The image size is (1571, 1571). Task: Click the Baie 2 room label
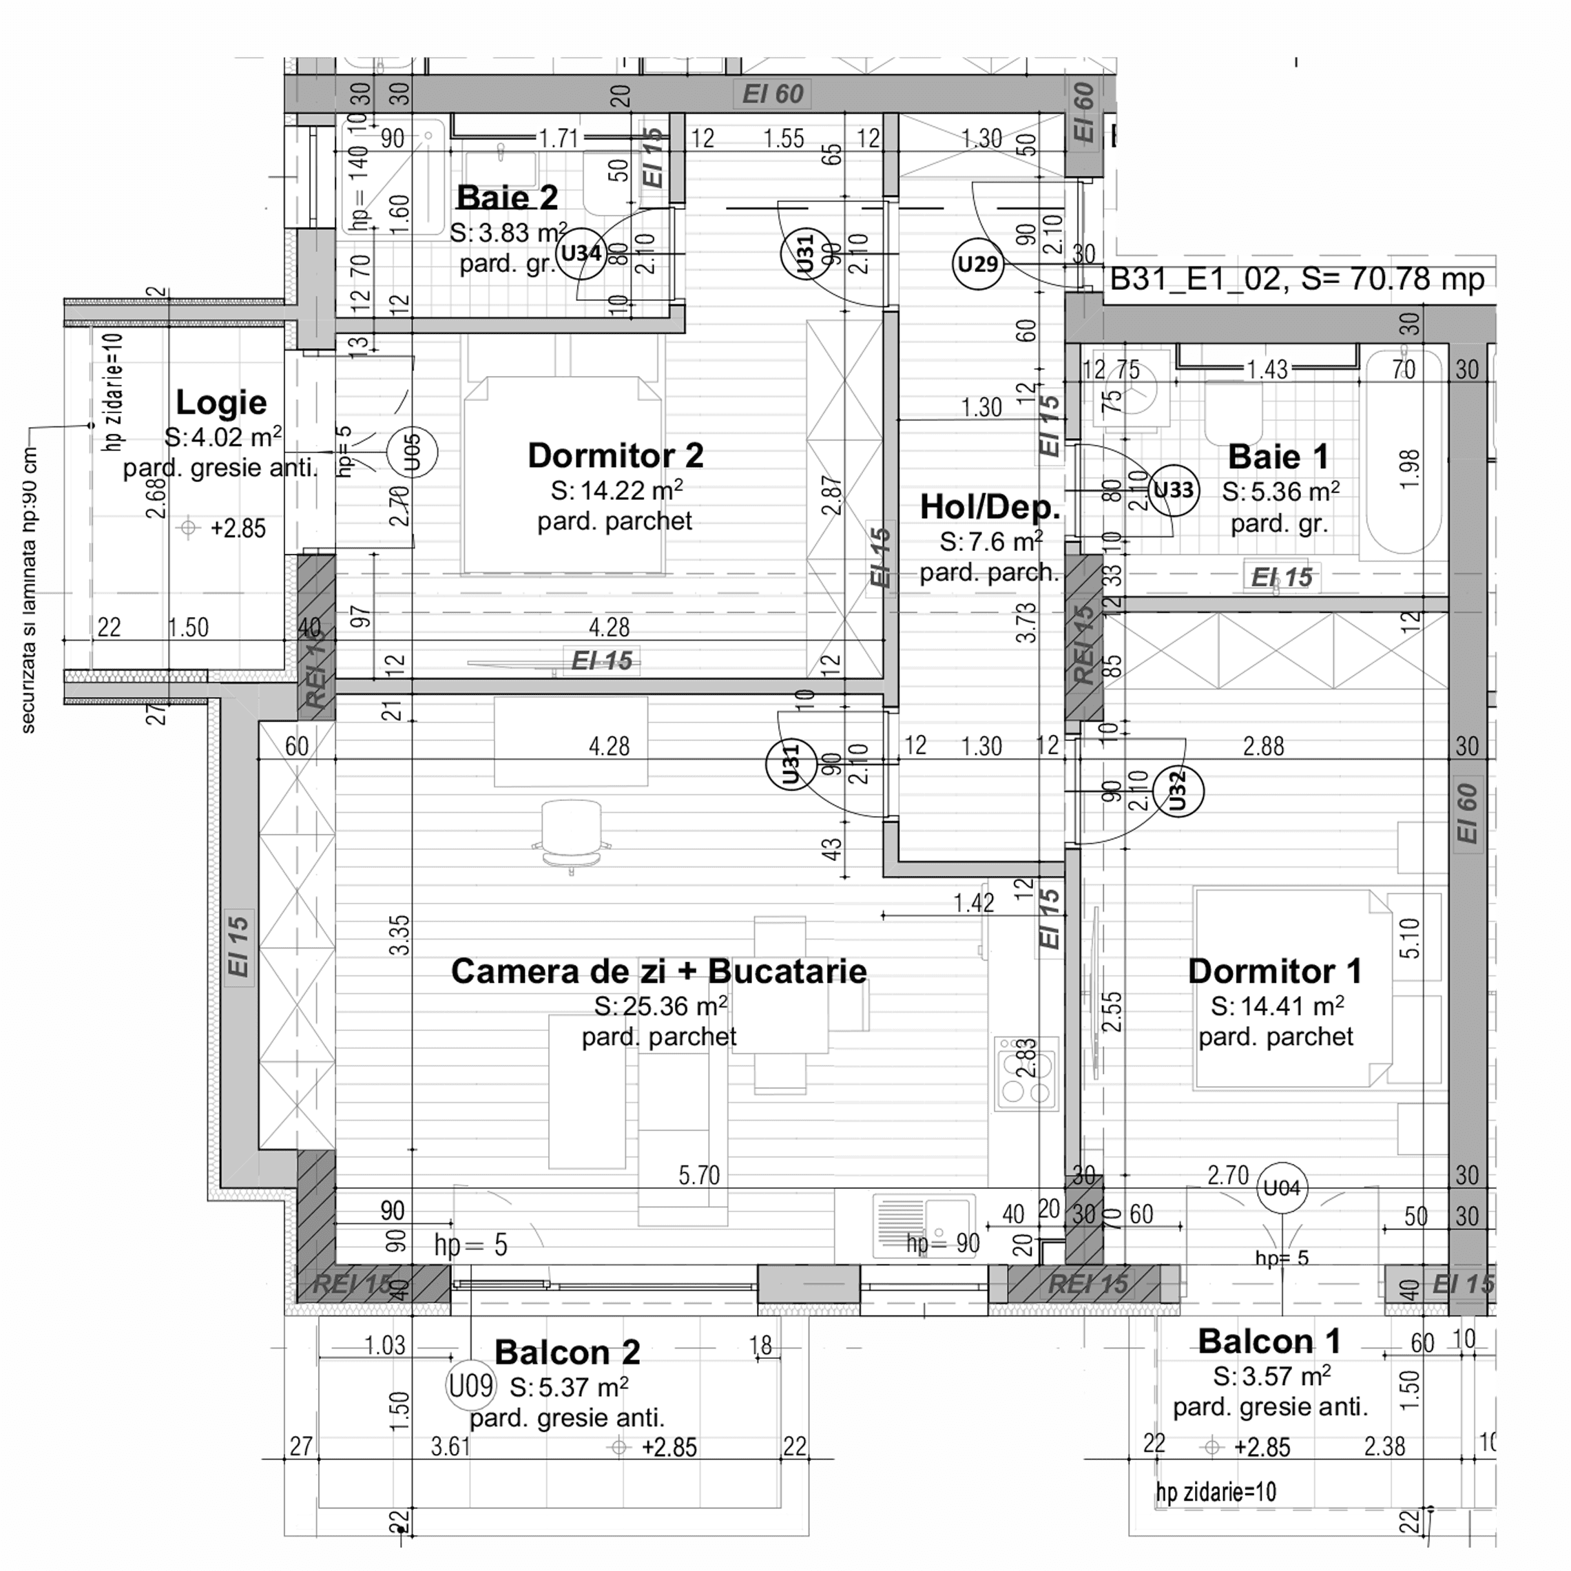pyautogui.click(x=507, y=198)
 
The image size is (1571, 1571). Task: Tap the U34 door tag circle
pyautogui.click(x=581, y=253)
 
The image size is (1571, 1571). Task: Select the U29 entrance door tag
pyautogui.click(x=977, y=264)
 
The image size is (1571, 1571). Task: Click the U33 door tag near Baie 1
pyautogui.click(x=1174, y=490)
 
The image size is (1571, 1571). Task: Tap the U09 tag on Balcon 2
pyautogui.click(x=471, y=1386)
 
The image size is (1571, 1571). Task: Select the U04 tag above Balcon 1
pyautogui.click(x=1282, y=1188)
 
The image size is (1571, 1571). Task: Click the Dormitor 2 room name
pyautogui.click(x=616, y=455)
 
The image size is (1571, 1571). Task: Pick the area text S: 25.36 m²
pyautogui.click(x=660, y=1007)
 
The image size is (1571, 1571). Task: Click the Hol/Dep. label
pyautogui.click(x=990, y=507)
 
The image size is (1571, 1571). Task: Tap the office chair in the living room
pyautogui.click(x=571, y=833)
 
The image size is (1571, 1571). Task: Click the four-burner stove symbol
pyautogui.click(x=1027, y=1073)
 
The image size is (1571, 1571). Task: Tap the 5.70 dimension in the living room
pyautogui.click(x=699, y=1175)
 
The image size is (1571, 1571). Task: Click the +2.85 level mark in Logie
pyautogui.click(x=238, y=528)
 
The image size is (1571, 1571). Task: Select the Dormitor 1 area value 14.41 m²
pyautogui.click(x=1277, y=1007)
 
